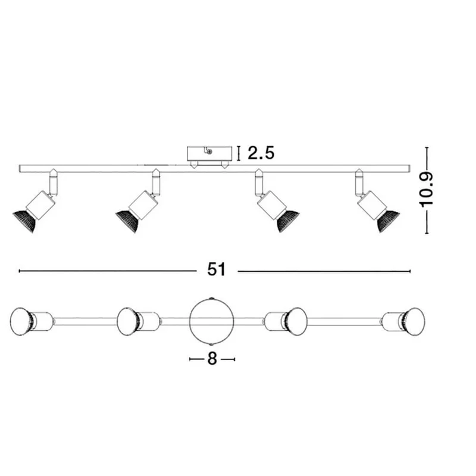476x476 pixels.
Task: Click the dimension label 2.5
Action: point(261,153)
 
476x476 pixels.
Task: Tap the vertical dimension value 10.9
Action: point(426,190)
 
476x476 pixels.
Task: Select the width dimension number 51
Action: point(217,270)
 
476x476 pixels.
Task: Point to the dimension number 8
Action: point(212,359)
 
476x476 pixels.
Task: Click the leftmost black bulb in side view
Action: point(25,221)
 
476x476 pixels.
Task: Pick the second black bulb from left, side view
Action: point(127,221)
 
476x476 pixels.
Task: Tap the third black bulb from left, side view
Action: point(288,221)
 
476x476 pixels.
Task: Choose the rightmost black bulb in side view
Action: point(389,221)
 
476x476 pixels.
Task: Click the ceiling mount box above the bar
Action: point(210,154)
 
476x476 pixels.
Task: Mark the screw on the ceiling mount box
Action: point(210,152)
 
